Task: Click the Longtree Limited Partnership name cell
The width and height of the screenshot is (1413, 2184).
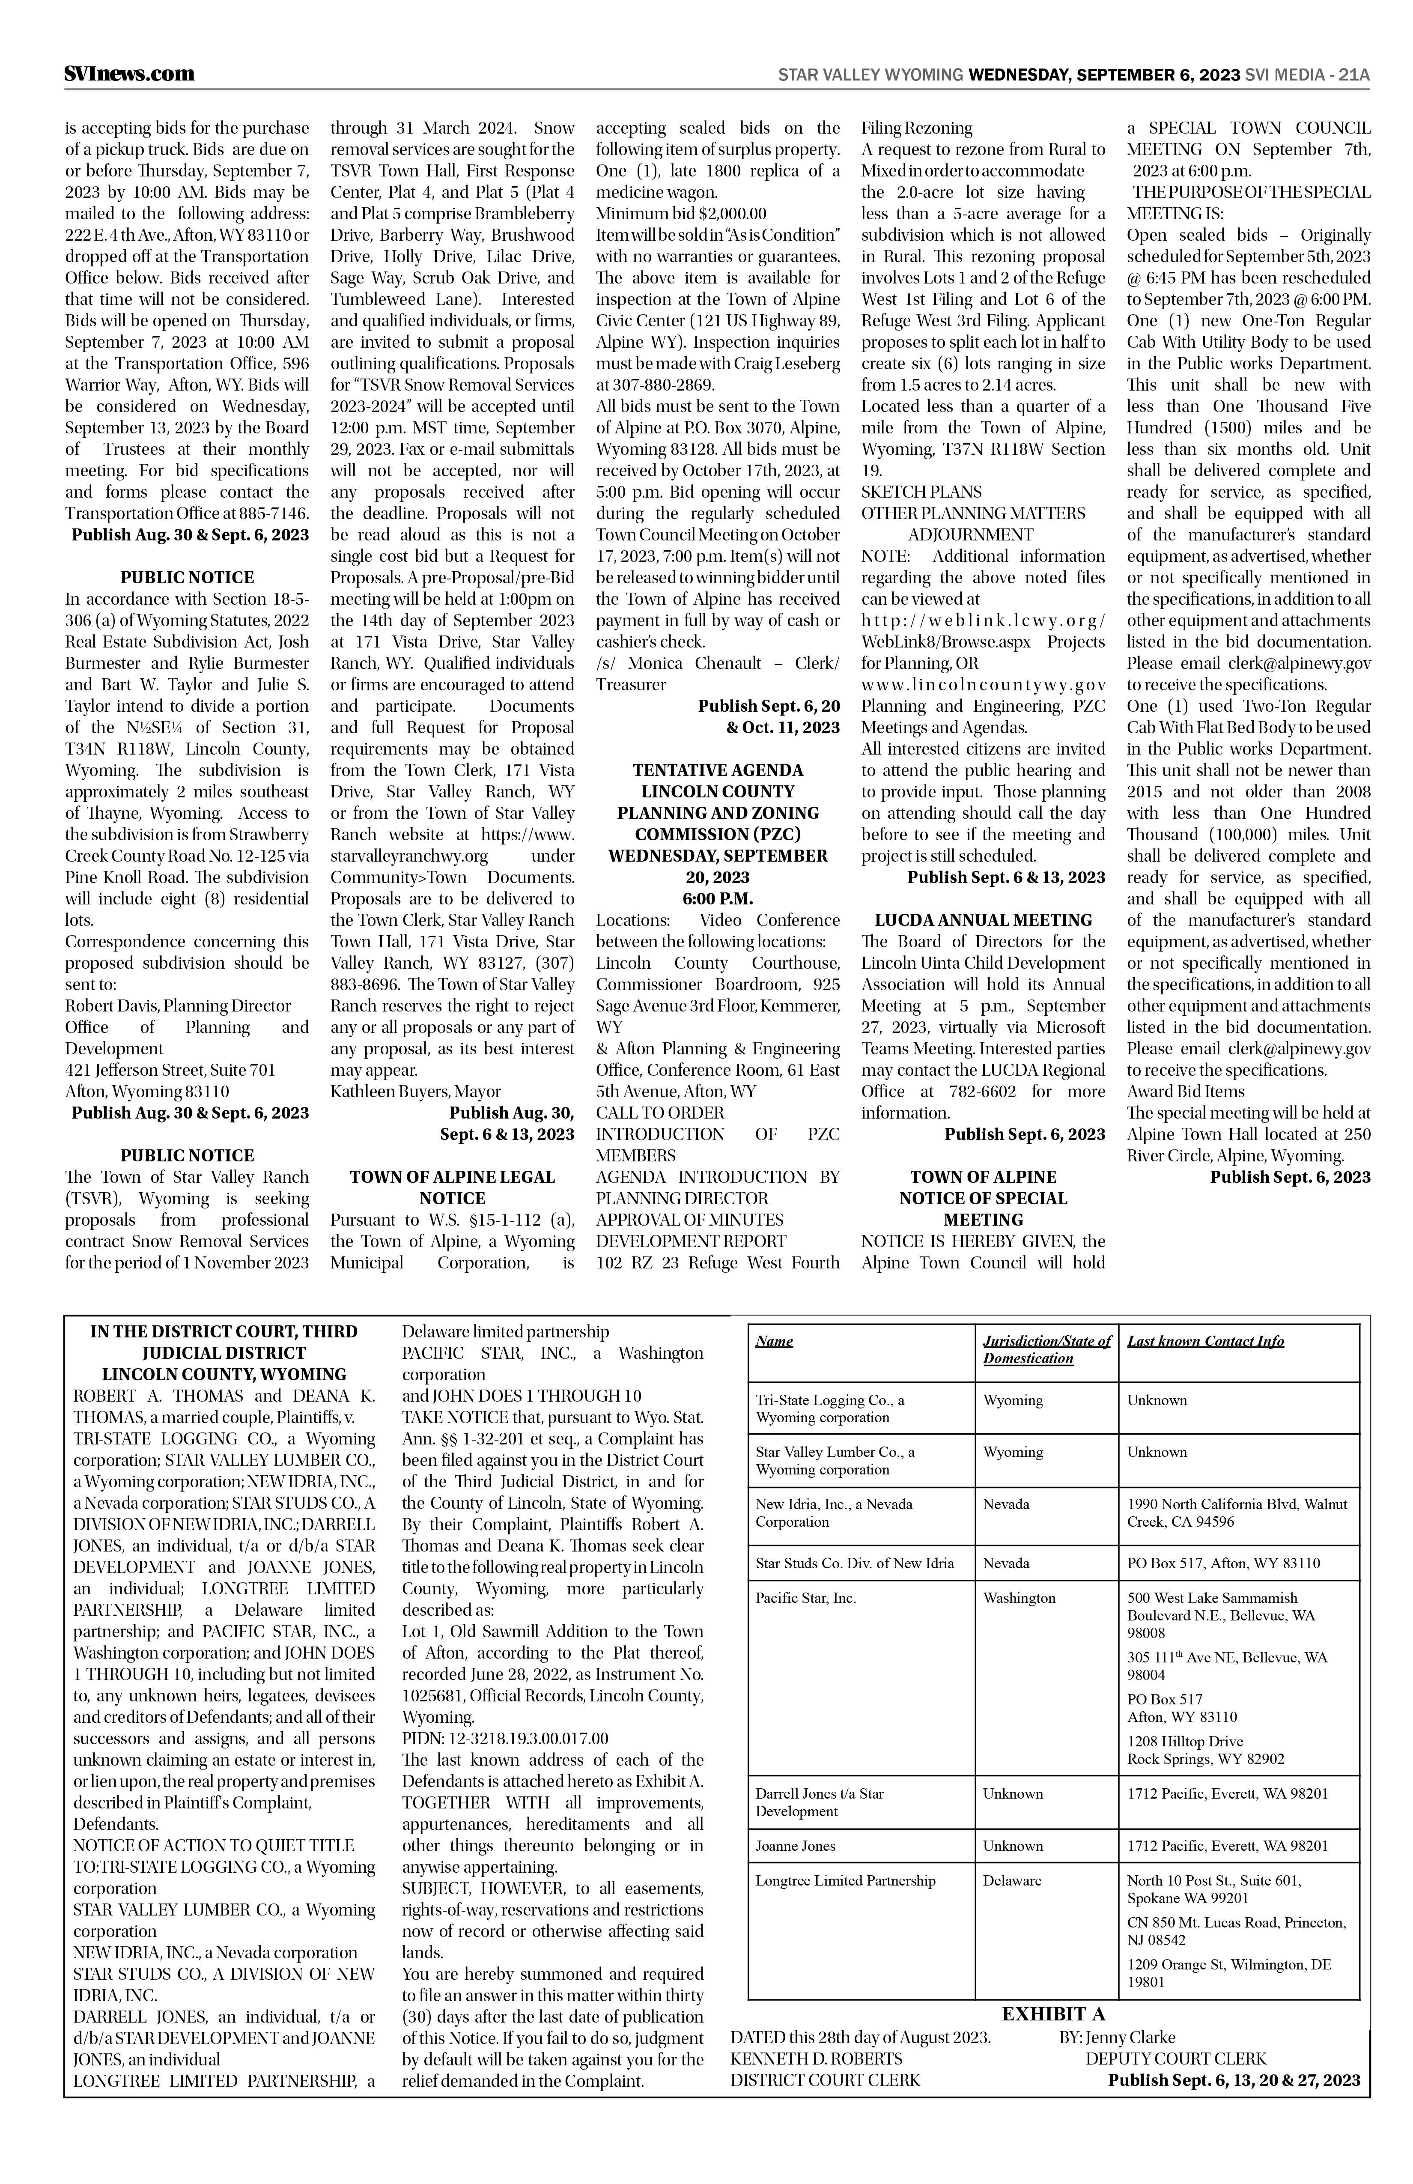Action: click(x=845, y=1880)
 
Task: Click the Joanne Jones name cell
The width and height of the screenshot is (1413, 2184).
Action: click(x=796, y=1845)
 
